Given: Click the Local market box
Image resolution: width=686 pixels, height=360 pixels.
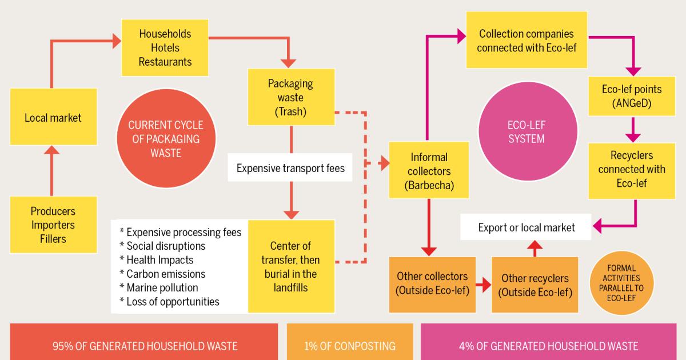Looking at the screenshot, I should (53, 117).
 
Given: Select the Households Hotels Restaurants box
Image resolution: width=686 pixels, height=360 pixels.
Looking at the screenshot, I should (165, 47).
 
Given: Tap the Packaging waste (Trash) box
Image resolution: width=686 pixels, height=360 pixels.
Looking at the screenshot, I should (291, 97).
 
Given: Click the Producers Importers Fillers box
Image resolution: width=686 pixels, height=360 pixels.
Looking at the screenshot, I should (53, 225).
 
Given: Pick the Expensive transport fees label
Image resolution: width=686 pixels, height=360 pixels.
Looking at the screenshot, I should (290, 169).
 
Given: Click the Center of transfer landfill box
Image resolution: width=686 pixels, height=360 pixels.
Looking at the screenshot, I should (291, 267).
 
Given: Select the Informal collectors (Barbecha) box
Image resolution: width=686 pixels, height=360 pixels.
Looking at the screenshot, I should (429, 171).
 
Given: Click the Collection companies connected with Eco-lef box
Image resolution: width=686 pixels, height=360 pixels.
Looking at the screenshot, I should (527, 41).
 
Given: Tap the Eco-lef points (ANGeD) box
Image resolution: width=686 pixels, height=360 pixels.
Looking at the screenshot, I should (632, 97).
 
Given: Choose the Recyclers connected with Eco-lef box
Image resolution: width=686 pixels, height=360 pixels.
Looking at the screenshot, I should (632, 170).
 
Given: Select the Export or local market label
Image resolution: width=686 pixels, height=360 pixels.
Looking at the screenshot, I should (527, 227).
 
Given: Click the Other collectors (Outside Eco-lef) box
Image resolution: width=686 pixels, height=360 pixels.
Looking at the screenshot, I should (432, 284).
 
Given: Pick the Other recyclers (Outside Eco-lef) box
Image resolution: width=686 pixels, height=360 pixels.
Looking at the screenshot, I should (535, 284).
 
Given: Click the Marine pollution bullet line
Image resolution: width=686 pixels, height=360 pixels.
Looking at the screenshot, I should (158, 287).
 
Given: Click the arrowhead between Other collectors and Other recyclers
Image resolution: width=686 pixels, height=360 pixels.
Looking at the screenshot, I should (486, 284).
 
